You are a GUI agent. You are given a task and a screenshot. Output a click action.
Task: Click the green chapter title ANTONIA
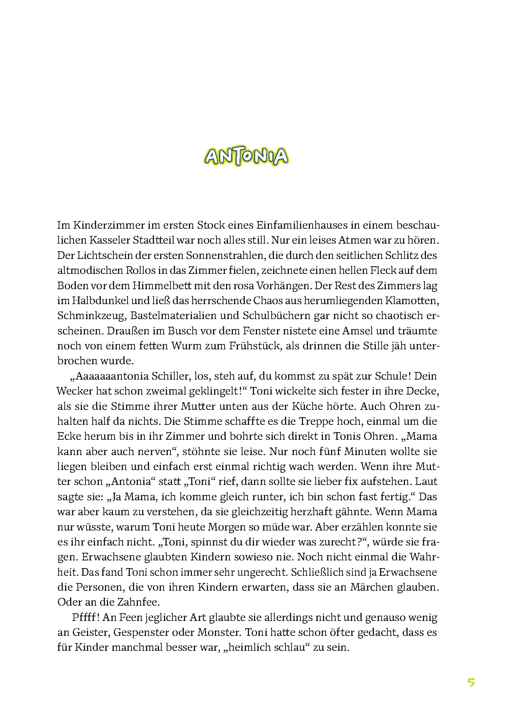pos(246,156)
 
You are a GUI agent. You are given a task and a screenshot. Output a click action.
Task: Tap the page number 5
pos(471,682)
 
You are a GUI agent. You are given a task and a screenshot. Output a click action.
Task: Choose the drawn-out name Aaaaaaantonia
pos(110,376)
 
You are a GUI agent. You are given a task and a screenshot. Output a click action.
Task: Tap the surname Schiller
pos(171,376)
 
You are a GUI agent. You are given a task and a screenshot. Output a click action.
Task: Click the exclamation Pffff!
pos(86,617)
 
